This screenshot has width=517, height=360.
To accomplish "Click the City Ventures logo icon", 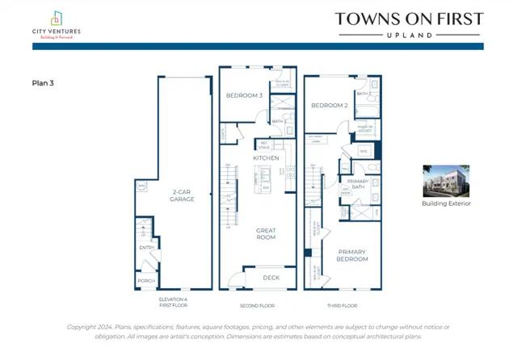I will pyautogui.click(x=56, y=18).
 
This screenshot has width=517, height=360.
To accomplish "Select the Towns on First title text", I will pyautogui.click(x=409, y=19).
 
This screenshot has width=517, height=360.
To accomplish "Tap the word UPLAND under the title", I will pyautogui.click(x=409, y=36).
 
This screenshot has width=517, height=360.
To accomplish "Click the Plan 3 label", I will pyautogui.click(x=42, y=82).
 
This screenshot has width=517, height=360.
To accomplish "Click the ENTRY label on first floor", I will pyautogui.click(x=146, y=248).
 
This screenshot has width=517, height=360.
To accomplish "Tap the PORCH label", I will pyautogui.click(x=145, y=280).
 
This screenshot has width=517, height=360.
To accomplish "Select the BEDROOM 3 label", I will pyautogui.click(x=243, y=95).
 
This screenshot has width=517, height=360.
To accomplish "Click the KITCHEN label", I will pyautogui.click(x=266, y=158).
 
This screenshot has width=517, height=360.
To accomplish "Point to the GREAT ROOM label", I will pyautogui.click(x=266, y=234).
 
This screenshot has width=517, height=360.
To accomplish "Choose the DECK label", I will pyautogui.click(x=272, y=277).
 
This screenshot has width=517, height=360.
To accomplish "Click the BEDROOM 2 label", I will pyautogui.click(x=329, y=105).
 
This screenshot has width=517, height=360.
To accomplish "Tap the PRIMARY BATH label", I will pyautogui.click(x=357, y=184).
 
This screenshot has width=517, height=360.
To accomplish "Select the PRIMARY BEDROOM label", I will pyautogui.click(x=352, y=255).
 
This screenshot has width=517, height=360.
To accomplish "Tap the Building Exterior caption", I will pyautogui.click(x=446, y=203).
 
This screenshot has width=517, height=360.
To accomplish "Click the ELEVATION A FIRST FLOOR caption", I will pyautogui.click(x=173, y=303).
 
